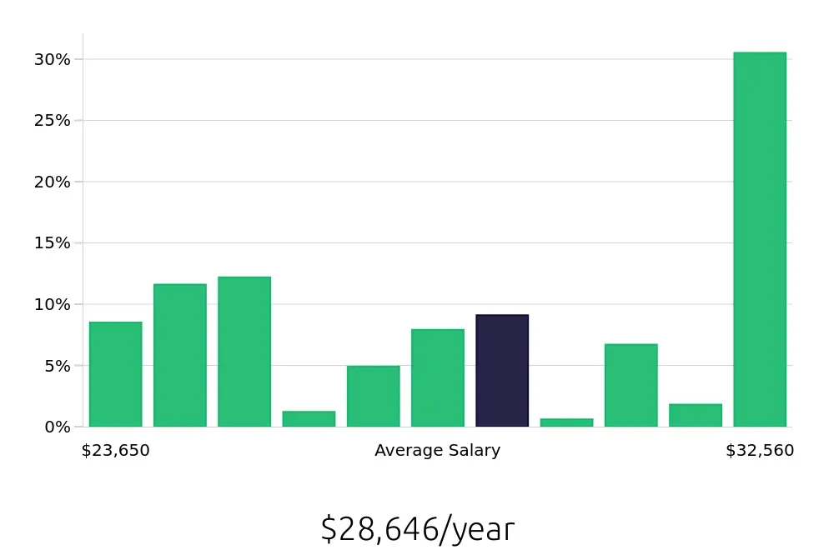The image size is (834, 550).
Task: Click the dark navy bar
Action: click(x=502, y=371)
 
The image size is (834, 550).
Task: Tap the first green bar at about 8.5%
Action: click(x=115, y=374)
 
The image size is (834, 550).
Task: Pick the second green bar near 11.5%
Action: click(x=179, y=356)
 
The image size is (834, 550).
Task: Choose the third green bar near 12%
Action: click(x=244, y=352)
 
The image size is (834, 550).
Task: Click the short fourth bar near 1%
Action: click(x=309, y=418)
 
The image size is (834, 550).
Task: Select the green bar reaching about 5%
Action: click(x=373, y=396)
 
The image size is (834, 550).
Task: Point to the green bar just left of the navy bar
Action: click(x=437, y=377)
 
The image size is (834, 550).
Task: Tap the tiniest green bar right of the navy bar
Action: click(x=566, y=422)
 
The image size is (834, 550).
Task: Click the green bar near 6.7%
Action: click(x=631, y=385)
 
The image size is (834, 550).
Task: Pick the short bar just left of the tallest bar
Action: click(x=696, y=415)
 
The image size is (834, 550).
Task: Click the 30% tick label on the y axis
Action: click(x=52, y=59)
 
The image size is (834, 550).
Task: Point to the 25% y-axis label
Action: click(x=52, y=120)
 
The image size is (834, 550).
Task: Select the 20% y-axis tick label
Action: click(x=52, y=182)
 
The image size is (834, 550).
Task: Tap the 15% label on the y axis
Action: click(x=52, y=242)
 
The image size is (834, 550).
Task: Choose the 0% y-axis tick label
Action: click(x=58, y=427)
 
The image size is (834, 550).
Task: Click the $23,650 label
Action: click(x=115, y=451)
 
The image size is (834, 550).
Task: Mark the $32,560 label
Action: click(x=760, y=451)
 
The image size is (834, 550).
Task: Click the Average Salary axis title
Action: click(x=437, y=451)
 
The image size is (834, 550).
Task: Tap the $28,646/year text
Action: click(x=417, y=529)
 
